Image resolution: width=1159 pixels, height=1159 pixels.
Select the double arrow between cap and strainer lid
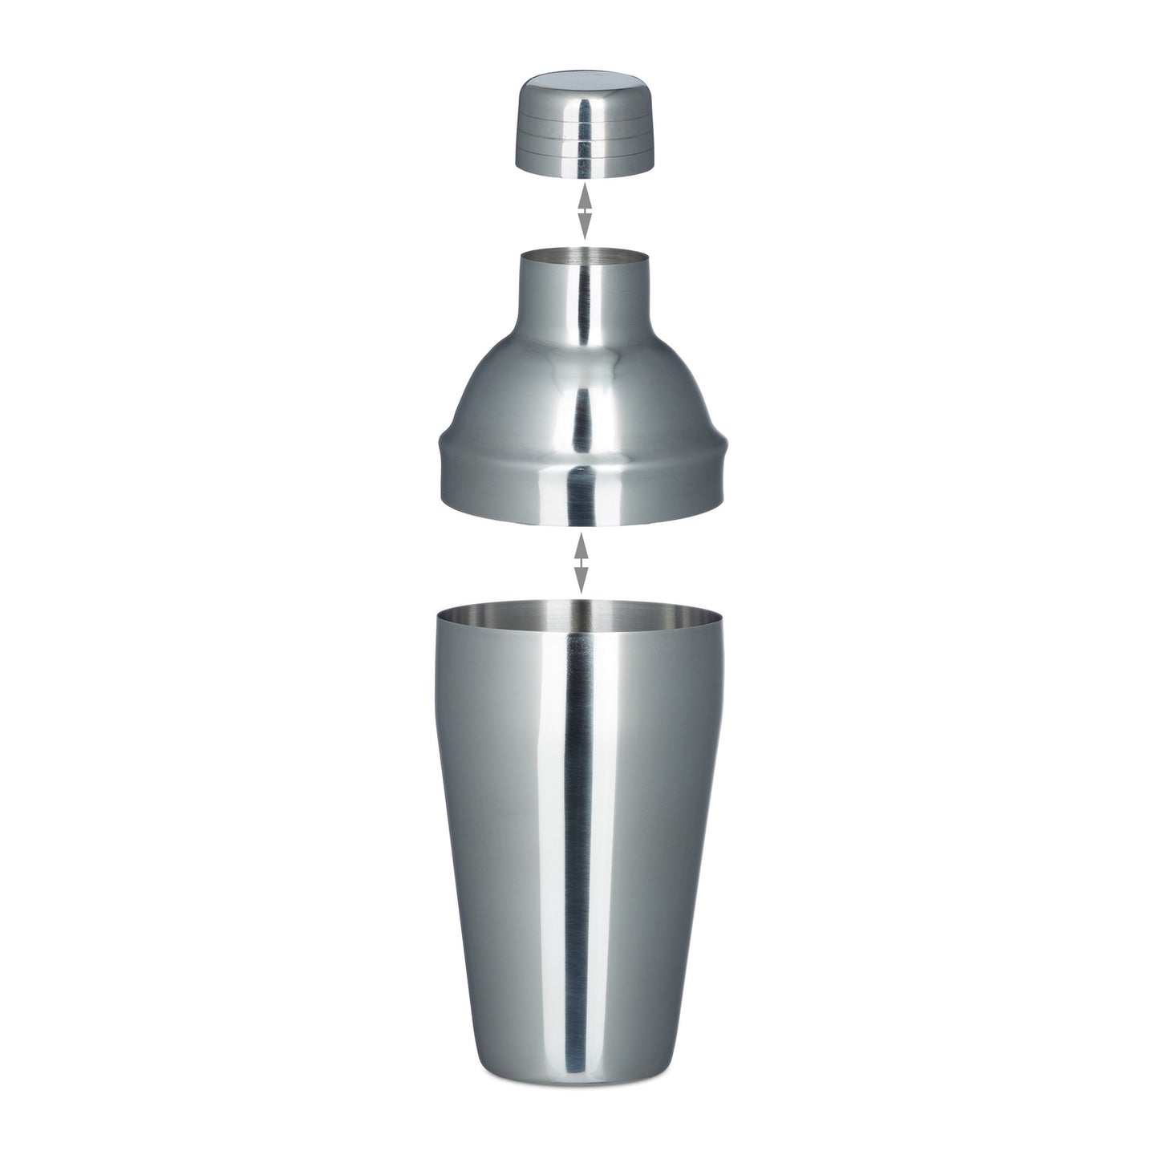585,211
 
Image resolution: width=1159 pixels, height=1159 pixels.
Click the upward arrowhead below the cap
585,195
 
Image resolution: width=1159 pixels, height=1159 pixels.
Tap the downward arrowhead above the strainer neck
585,227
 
